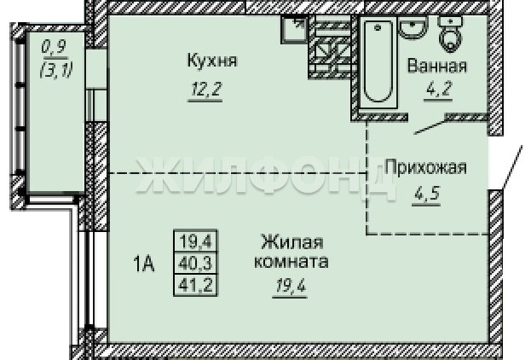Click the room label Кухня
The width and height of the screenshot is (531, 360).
pyautogui.click(x=212, y=61)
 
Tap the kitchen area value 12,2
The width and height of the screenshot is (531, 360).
pyautogui.click(x=205, y=90)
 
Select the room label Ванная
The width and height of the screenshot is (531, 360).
pyautogui.click(x=437, y=66)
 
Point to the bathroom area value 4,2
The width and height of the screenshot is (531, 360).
pyautogui.click(x=438, y=89)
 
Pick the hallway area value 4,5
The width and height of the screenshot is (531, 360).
pyautogui.click(x=427, y=194)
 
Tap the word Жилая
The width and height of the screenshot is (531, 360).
pyautogui.click(x=292, y=242)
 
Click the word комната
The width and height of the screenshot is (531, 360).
pyautogui.click(x=291, y=262)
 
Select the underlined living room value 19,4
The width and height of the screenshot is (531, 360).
pyautogui.click(x=291, y=287)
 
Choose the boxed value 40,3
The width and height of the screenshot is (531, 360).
pyautogui.click(x=196, y=263)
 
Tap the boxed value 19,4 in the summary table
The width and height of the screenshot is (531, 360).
pyautogui.click(x=196, y=242)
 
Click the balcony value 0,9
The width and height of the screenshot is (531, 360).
pyautogui.click(x=54, y=48)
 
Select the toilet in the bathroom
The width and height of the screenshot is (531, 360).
pyautogui.click(x=450, y=34)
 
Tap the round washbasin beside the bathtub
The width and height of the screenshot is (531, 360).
pyautogui.click(x=413, y=27)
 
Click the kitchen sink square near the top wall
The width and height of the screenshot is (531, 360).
pyautogui.click(x=294, y=29)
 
